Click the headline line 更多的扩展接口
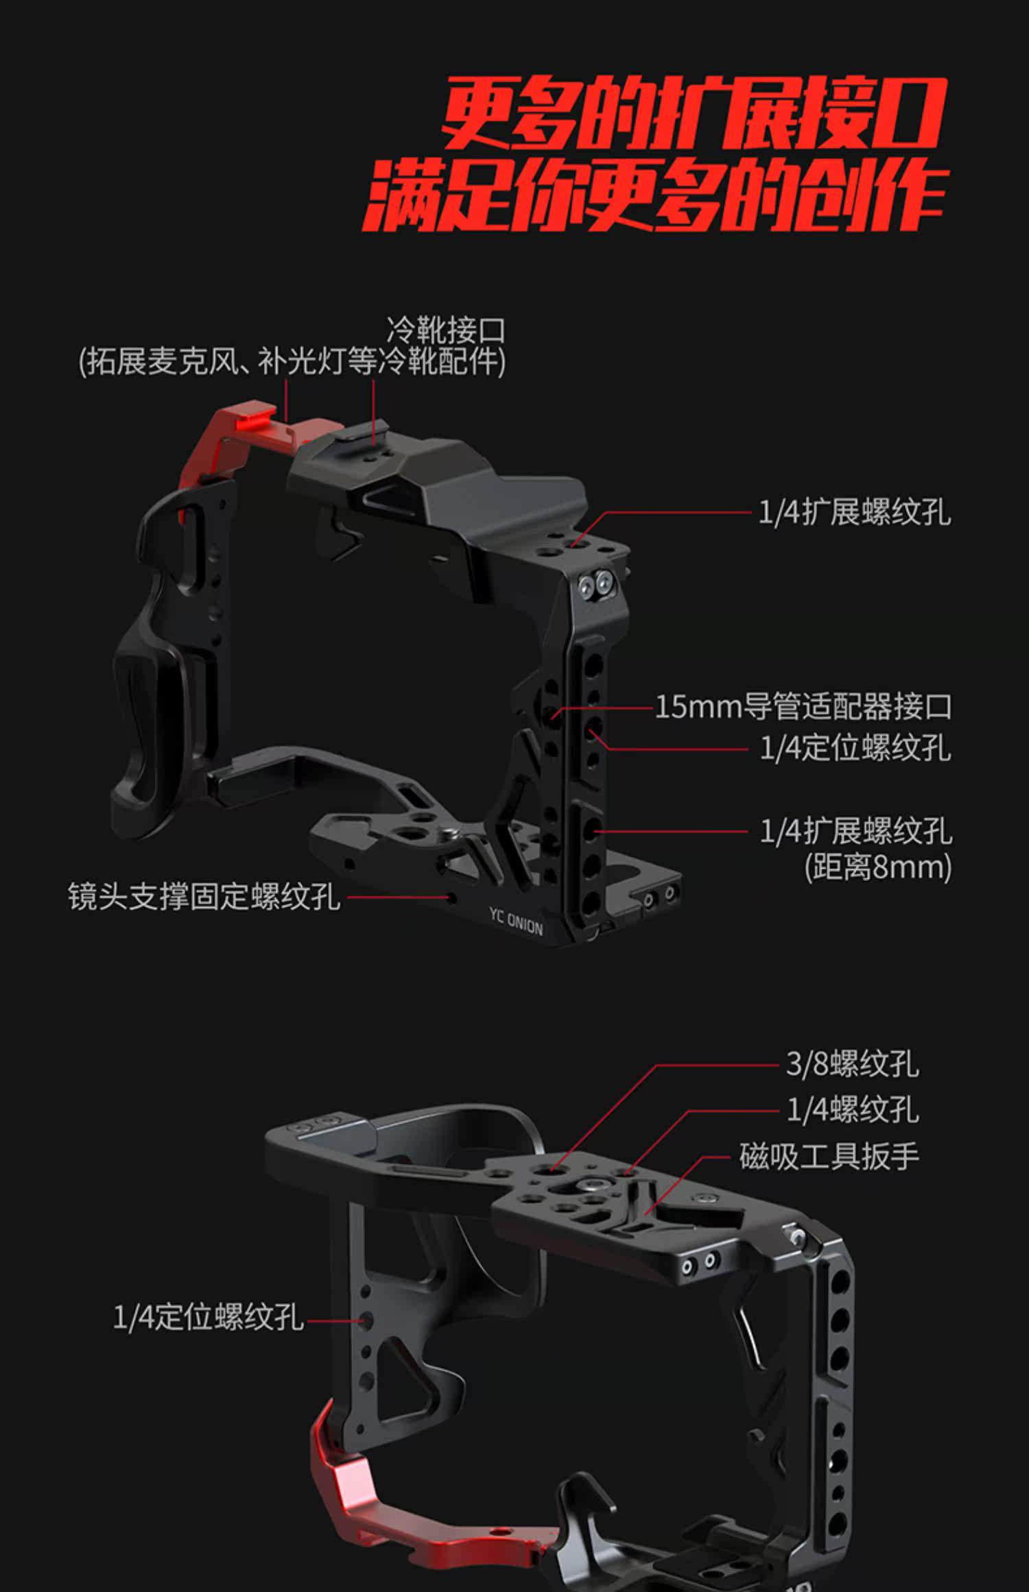pos(693,114)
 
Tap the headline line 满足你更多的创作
pos(655,195)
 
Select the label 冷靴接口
pos(446,331)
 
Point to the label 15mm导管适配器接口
pos(803,707)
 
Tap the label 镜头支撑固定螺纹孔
pos(204,896)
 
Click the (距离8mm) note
pos(877,867)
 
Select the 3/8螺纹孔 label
pos(851,1064)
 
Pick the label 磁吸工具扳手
pos(829,1157)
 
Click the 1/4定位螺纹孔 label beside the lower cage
pos(208,1317)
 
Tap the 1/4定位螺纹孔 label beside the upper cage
pos(855,748)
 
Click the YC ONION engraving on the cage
pos(516,922)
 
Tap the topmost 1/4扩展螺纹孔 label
pos(854,512)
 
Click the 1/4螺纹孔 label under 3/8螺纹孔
pos(851,1110)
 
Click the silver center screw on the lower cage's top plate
pos(590,1183)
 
